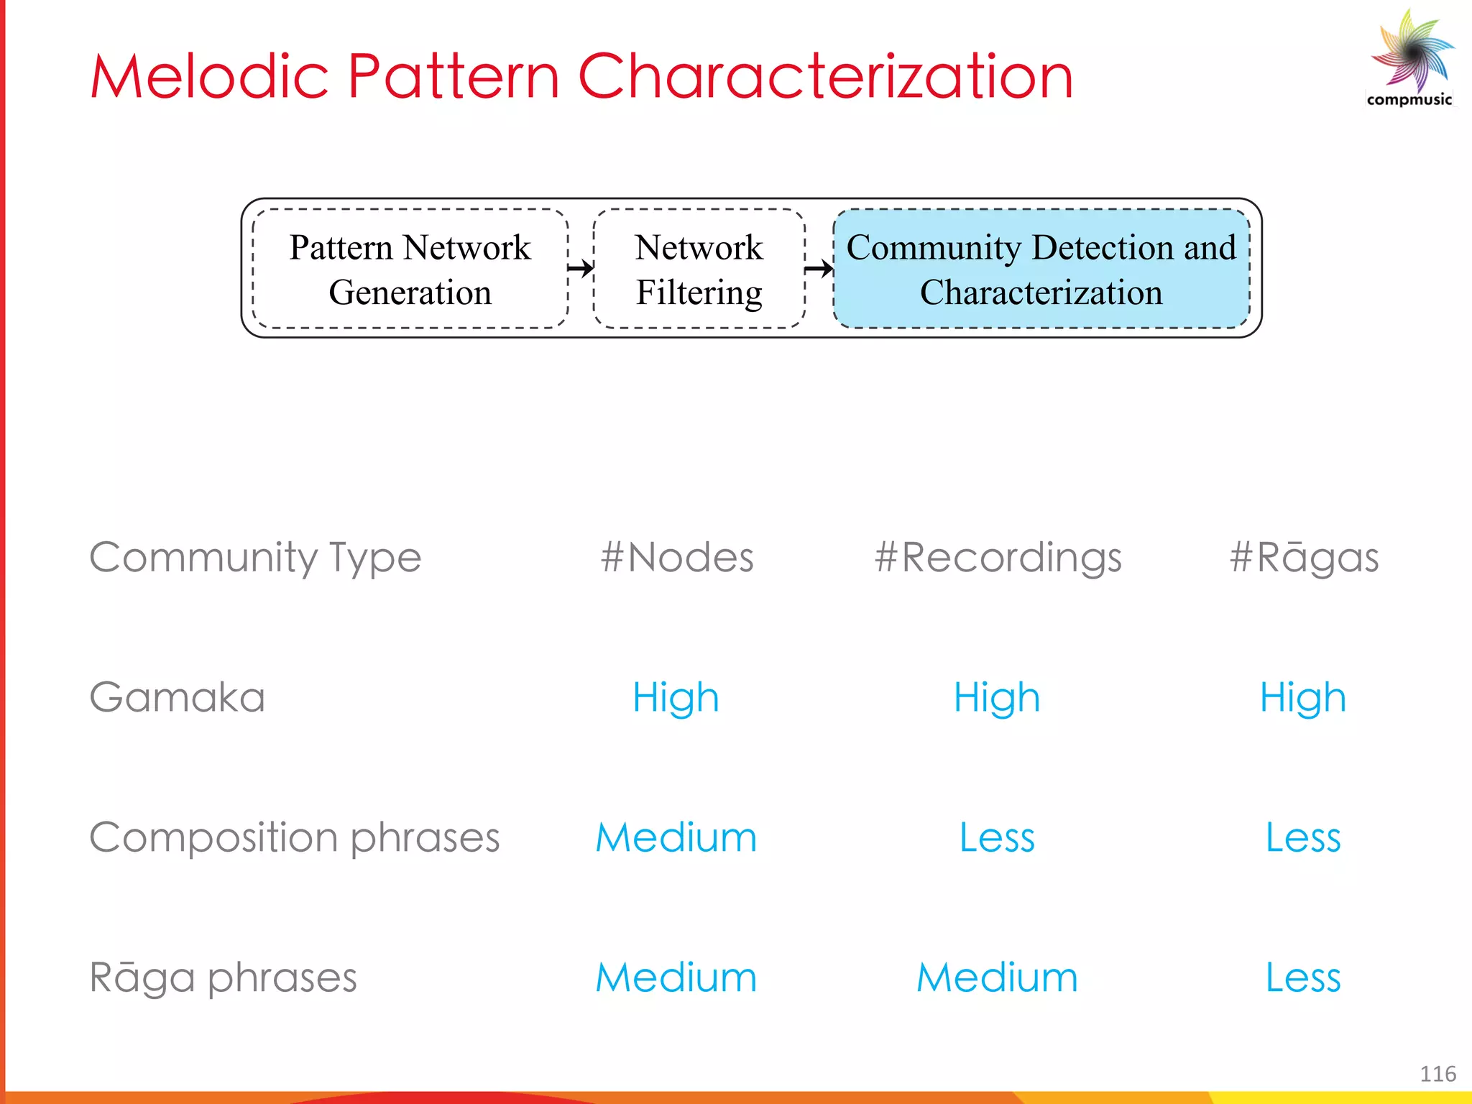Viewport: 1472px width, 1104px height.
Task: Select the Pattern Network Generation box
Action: click(x=410, y=269)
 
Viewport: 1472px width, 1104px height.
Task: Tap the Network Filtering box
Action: click(x=699, y=269)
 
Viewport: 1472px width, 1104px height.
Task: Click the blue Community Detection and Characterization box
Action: click(x=1041, y=269)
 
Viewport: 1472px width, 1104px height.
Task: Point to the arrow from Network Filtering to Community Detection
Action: click(x=819, y=269)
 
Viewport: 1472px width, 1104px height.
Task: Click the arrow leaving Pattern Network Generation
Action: click(x=581, y=269)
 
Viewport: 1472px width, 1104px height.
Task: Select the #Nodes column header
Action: click(x=676, y=557)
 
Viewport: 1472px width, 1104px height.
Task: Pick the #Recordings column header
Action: click(x=998, y=557)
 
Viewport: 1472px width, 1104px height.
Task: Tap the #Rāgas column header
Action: click(x=1303, y=557)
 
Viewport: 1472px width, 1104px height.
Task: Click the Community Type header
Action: click(x=255, y=557)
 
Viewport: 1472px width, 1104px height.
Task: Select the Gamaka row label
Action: click(x=178, y=697)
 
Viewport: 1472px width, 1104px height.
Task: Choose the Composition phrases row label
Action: click(x=294, y=837)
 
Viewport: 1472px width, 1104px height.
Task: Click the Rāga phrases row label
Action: click(x=223, y=977)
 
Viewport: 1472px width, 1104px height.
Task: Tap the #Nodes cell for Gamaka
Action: click(x=676, y=697)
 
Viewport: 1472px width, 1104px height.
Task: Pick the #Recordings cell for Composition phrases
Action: click(x=997, y=837)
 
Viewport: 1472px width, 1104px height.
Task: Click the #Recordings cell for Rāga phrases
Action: click(x=997, y=977)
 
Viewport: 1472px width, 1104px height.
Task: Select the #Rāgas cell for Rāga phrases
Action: click(x=1303, y=977)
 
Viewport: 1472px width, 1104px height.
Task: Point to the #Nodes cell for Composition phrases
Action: click(x=676, y=837)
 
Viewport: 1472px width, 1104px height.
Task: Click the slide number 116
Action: click(x=1437, y=1074)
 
